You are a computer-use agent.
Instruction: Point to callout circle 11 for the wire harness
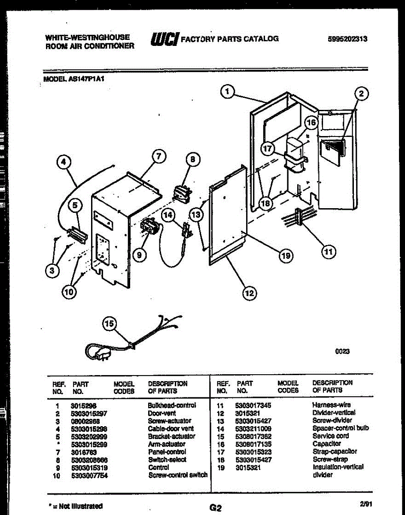[329, 251]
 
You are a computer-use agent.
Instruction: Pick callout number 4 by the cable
[64, 162]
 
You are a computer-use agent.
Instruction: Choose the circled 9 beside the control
[138, 255]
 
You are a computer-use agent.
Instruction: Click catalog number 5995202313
[347, 39]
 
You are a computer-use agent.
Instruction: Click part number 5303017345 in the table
[253, 405]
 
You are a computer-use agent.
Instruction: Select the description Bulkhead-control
[172, 405]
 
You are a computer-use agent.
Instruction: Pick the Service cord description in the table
[330, 436]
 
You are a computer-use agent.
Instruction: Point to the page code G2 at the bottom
[216, 508]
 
